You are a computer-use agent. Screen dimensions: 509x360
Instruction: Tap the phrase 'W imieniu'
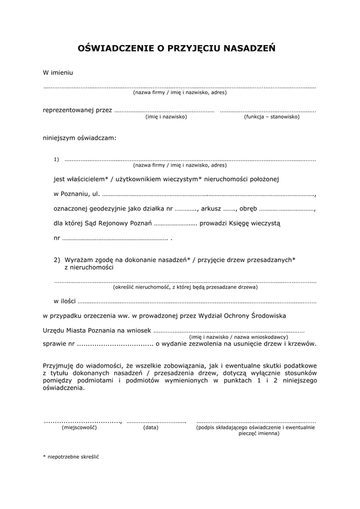pos(58,73)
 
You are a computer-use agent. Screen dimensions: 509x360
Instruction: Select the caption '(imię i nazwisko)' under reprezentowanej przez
pos(166,116)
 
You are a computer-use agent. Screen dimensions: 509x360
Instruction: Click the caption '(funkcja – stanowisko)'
pos(271,116)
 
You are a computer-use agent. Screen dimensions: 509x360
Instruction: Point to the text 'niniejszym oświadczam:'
pos(79,138)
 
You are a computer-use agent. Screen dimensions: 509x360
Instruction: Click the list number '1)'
pos(56,159)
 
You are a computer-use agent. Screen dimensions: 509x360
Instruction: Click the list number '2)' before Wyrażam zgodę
pos(57,259)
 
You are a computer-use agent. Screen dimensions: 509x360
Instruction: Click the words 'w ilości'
pos(65,301)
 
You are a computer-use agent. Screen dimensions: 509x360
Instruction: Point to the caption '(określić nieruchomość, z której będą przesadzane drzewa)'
pos(185,287)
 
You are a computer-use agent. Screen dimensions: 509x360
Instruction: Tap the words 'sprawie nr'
pos(59,344)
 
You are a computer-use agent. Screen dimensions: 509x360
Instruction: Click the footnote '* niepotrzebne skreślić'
pos(71,456)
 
